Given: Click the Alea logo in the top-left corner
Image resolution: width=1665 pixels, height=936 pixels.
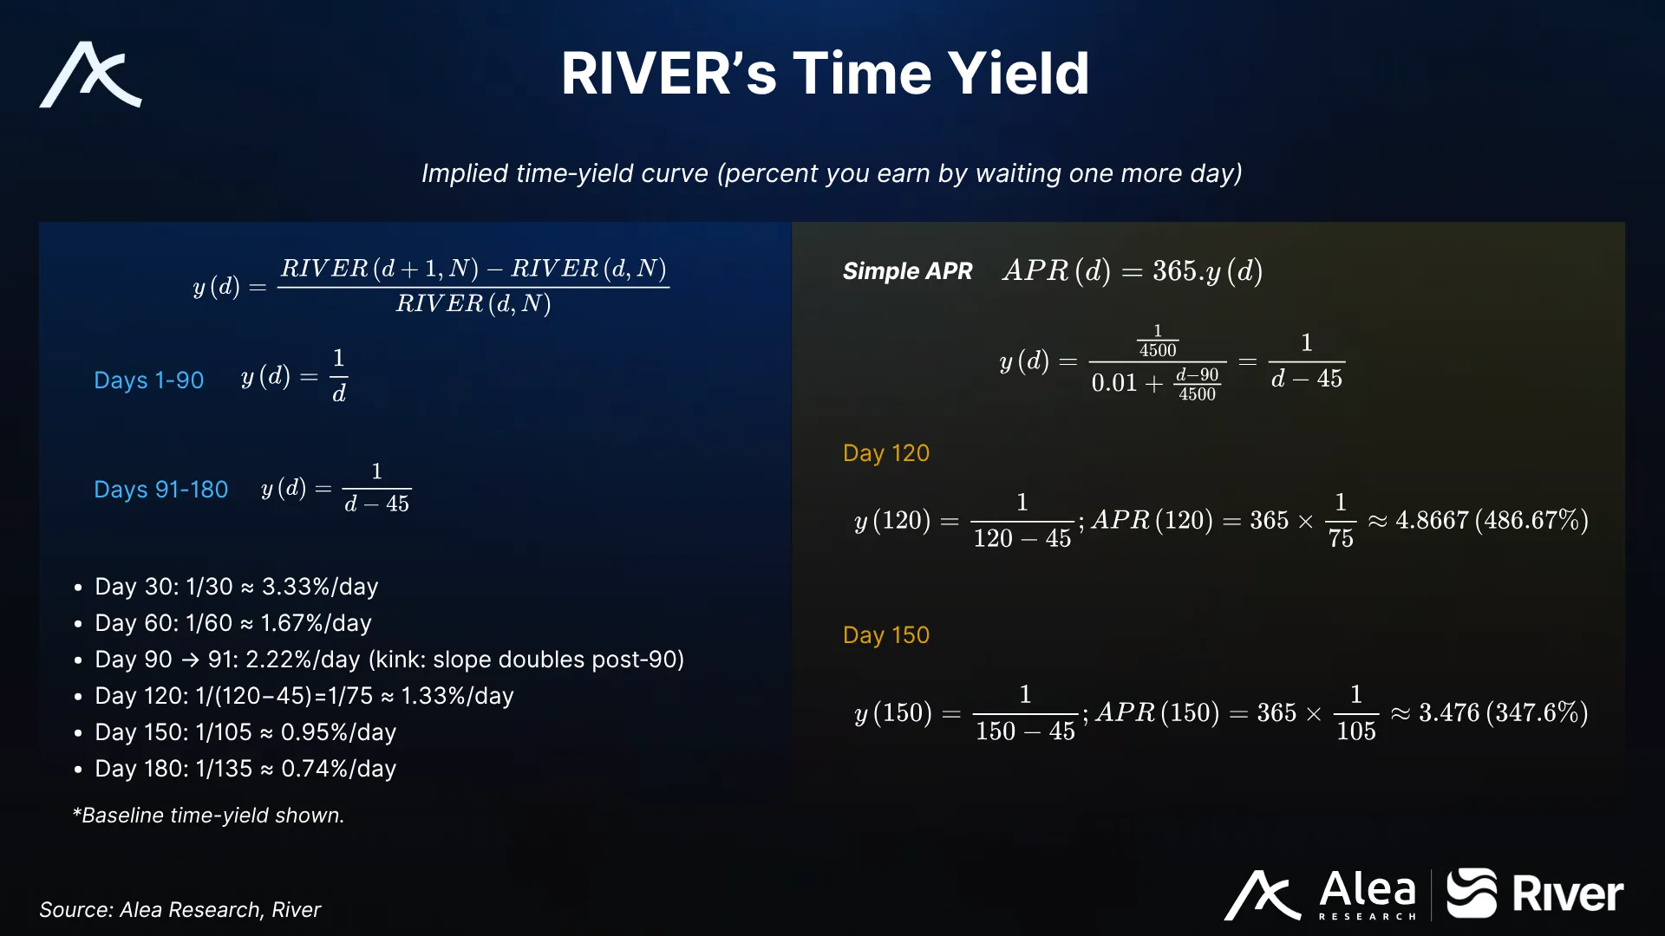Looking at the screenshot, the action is click(90, 75).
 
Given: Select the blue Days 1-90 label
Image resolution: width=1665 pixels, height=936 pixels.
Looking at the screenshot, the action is click(148, 380).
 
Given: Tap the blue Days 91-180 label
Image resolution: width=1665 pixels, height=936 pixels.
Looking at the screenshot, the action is click(160, 489).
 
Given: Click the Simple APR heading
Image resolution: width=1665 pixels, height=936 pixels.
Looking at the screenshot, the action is click(907, 271).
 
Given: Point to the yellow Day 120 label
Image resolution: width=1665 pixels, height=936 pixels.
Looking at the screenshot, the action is click(885, 453).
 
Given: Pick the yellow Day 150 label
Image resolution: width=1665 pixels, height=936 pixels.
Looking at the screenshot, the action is click(885, 635).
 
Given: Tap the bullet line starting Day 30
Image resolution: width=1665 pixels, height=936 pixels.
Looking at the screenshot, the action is click(236, 587).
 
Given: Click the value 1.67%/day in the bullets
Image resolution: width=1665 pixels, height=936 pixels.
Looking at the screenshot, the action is click(316, 623).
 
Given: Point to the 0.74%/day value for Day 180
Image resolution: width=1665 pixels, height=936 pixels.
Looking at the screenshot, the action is click(338, 769).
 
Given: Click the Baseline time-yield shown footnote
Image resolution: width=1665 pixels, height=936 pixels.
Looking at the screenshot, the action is click(208, 816).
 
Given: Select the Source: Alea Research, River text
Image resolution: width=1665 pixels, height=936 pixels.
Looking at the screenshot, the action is click(180, 909).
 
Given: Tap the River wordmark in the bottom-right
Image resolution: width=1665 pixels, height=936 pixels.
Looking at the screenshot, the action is click(1568, 894).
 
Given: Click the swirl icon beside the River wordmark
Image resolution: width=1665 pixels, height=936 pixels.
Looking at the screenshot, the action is click(1472, 893).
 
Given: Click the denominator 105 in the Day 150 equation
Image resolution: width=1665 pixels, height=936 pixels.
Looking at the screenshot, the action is click(1356, 731).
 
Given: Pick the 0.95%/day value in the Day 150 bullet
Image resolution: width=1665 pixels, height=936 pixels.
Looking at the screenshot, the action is click(338, 732).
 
